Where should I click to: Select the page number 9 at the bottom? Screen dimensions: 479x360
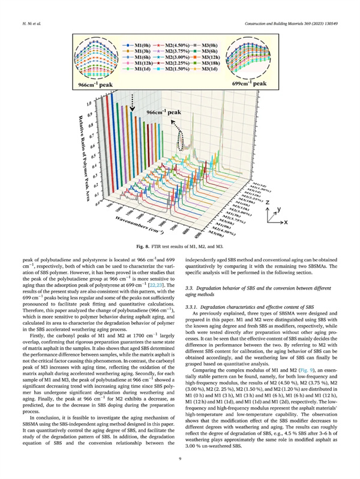[179, 459]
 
